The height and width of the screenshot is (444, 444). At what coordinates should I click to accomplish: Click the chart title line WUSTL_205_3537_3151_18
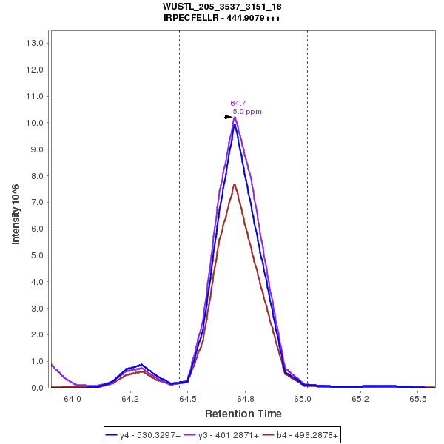click(222, 7)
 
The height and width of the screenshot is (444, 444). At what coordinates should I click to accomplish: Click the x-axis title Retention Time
click(243, 414)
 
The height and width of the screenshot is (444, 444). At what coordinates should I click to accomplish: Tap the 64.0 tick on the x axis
click(73, 398)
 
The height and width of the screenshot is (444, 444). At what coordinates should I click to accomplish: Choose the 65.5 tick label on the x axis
click(418, 398)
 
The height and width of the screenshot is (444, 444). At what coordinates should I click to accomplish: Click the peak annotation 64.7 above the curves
click(238, 104)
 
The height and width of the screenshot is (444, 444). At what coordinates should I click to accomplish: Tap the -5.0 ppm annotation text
click(246, 112)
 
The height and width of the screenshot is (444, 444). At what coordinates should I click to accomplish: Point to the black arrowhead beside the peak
click(229, 117)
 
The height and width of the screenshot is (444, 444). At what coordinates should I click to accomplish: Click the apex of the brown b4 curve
click(234, 184)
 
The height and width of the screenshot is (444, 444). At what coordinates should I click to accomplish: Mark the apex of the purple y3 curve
click(235, 117)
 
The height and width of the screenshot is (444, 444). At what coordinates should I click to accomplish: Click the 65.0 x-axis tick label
click(303, 398)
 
